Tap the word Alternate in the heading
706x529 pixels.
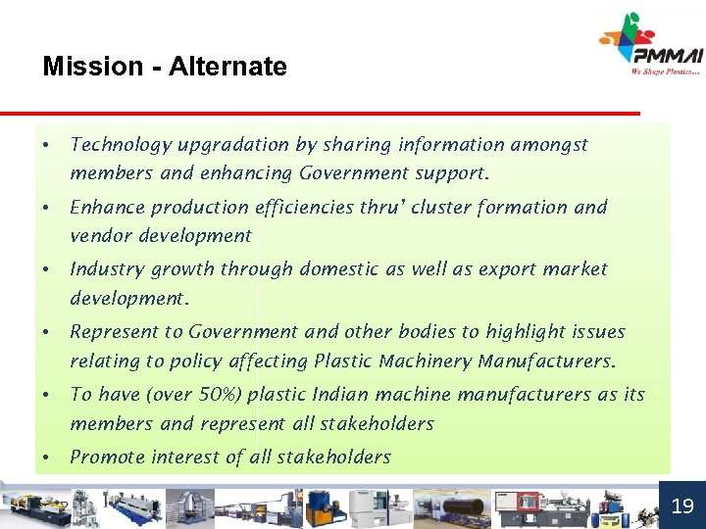pos(227,67)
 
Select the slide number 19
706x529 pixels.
pos(681,505)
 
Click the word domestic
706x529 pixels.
pos(344,268)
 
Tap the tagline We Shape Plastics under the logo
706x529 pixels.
pos(666,71)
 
